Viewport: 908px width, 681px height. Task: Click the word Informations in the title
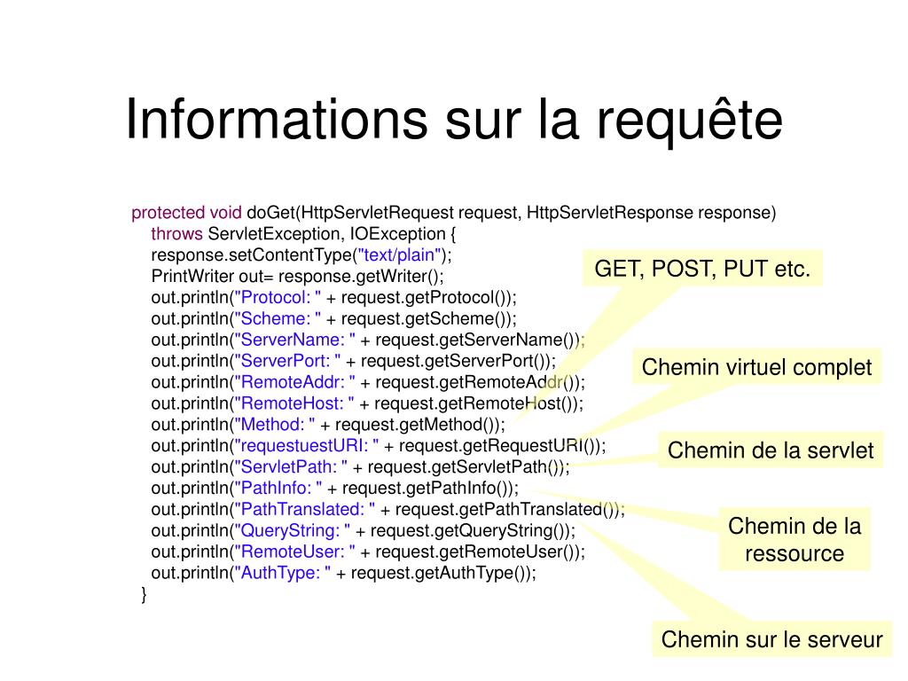[x=277, y=120]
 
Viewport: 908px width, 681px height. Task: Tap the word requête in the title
[x=690, y=120]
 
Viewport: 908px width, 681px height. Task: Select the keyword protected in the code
[x=168, y=213]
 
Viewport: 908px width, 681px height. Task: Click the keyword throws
[x=176, y=234]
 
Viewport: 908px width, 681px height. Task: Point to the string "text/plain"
[x=400, y=254]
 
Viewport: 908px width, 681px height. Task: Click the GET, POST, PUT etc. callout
[x=702, y=269]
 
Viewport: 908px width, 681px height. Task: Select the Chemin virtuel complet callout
[x=756, y=367]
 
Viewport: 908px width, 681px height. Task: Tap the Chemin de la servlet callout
[x=771, y=450]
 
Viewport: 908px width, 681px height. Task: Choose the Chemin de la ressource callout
[x=794, y=539]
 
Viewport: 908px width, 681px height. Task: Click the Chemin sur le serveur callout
[x=772, y=639]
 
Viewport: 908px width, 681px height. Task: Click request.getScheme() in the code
[x=425, y=318]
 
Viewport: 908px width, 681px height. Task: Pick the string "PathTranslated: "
[x=305, y=510]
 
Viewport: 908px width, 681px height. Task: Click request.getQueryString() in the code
[x=469, y=530]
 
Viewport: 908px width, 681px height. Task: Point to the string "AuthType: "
[x=283, y=573]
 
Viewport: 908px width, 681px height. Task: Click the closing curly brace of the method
[x=144, y=595]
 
